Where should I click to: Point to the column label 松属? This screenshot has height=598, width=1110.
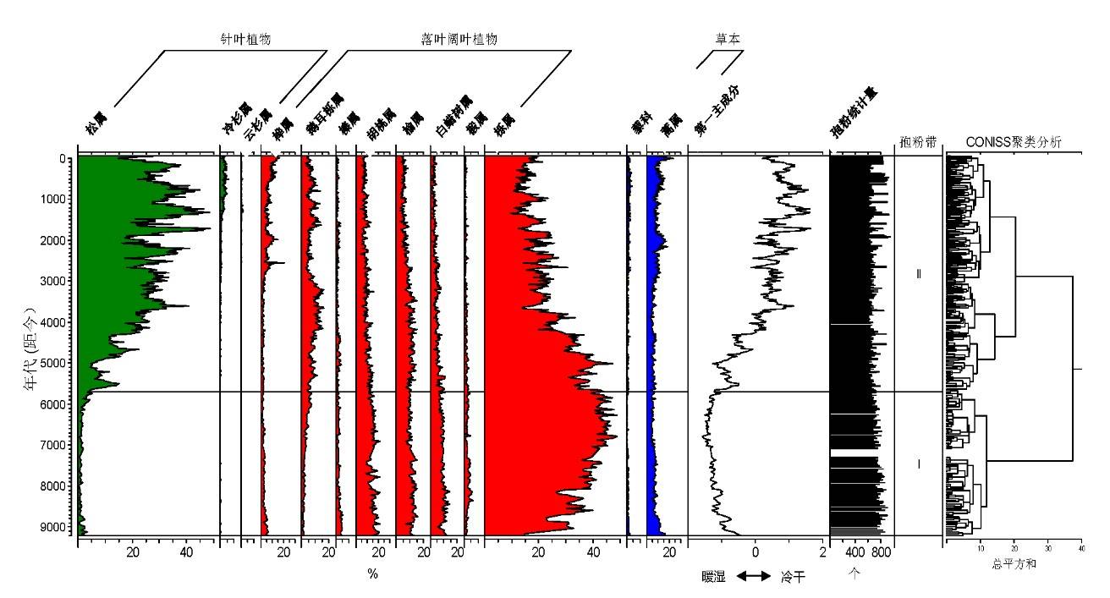click(92, 127)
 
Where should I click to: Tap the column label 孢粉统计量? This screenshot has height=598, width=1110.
click(852, 119)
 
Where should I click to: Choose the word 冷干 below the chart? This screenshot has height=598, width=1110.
click(794, 576)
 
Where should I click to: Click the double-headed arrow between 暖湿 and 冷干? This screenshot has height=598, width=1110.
click(753, 576)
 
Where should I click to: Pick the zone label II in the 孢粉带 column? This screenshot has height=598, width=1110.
click(919, 274)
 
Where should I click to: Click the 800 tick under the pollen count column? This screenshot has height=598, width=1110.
click(881, 553)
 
